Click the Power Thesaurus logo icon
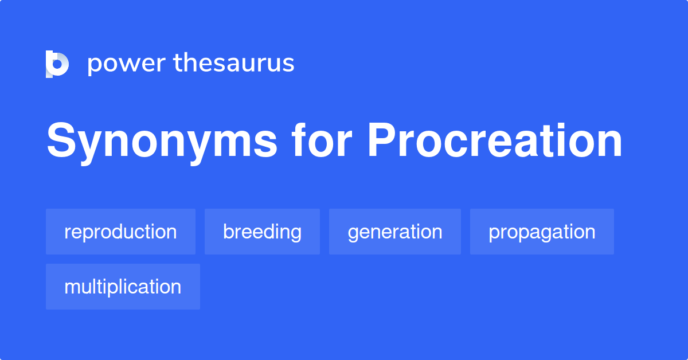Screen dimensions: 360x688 point(57,64)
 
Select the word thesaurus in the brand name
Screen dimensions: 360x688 point(234,63)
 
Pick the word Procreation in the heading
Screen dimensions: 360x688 point(495,140)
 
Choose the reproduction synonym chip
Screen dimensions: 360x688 point(120,232)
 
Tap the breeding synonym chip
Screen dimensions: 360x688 point(262,232)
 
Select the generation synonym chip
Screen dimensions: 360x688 point(394,232)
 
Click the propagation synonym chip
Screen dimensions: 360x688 point(542,232)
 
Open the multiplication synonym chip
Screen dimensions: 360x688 point(123,287)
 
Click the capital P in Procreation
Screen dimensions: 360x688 point(381,140)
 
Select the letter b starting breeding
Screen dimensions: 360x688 point(228,232)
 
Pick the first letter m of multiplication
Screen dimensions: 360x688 point(71,287)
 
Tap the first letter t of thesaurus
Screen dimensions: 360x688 point(178,63)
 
